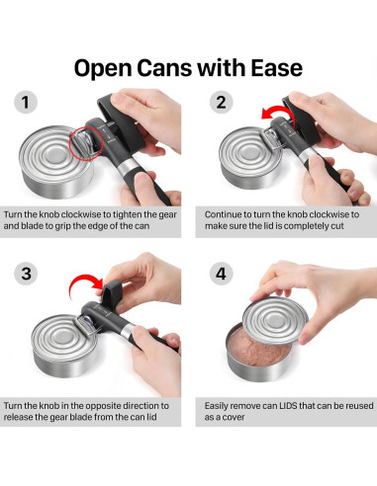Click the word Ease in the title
(276, 68)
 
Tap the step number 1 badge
(26, 102)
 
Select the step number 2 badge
(221, 102)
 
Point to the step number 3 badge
(26, 274)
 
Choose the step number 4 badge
(221, 274)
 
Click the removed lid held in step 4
(274, 319)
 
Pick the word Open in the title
(102, 68)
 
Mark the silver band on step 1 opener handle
(127, 169)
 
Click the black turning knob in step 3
(112, 290)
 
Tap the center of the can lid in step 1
(54, 155)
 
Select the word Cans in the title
(164, 68)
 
